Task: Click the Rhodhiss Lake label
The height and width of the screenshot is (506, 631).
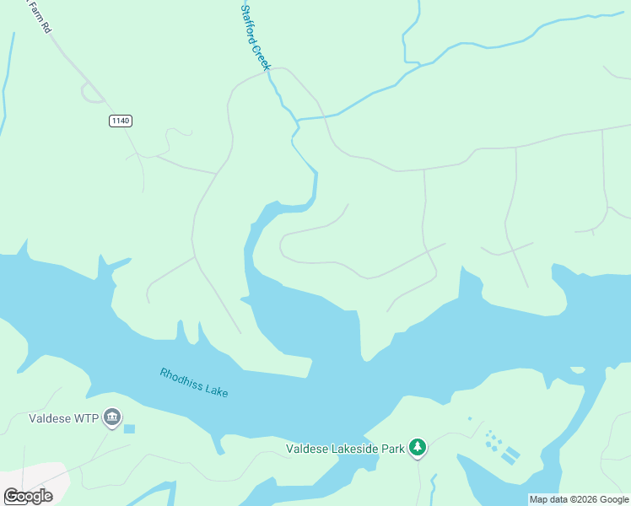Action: (x=194, y=382)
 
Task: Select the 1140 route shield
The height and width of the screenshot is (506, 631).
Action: (x=121, y=121)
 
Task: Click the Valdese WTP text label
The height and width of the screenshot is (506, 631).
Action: (x=63, y=417)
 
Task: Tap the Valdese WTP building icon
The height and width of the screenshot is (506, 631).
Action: (x=112, y=417)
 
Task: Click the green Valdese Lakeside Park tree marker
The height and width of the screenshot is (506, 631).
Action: (x=417, y=447)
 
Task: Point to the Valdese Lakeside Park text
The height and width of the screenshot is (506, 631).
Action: (x=345, y=449)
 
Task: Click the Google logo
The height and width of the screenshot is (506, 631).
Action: (x=28, y=496)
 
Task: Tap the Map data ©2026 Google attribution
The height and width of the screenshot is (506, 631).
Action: (x=579, y=499)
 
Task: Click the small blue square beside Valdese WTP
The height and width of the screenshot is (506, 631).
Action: (x=129, y=429)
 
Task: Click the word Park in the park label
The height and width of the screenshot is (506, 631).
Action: (x=392, y=449)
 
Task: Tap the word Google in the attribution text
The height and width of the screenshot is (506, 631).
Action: (x=613, y=499)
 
